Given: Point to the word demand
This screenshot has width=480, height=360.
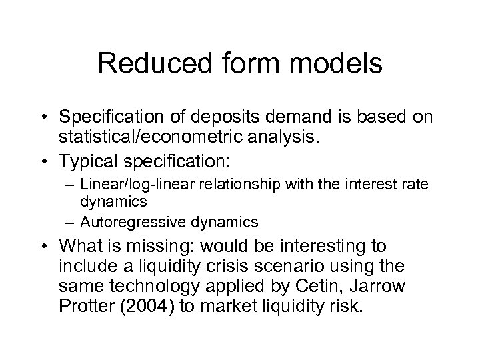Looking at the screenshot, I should pos(305,117).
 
